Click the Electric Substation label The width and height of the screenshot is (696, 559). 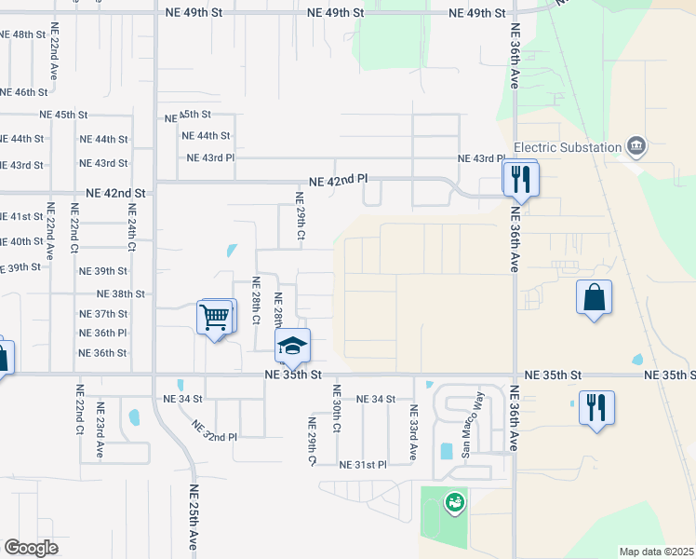point(568,147)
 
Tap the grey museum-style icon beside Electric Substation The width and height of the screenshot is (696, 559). point(636,145)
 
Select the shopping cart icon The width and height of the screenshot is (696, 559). point(216,318)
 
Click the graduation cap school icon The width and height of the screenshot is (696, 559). point(292,347)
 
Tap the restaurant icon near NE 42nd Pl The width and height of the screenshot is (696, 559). point(520,178)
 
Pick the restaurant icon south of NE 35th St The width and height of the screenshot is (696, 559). point(596,408)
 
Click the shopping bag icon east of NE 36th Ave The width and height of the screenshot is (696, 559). point(594,298)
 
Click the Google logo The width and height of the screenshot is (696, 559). point(31,548)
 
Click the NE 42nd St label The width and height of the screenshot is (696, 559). point(115,193)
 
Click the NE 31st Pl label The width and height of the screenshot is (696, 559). point(363,465)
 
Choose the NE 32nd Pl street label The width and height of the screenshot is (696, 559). point(215,430)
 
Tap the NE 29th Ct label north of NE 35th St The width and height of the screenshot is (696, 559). point(300,216)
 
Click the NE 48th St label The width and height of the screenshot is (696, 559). point(22,34)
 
